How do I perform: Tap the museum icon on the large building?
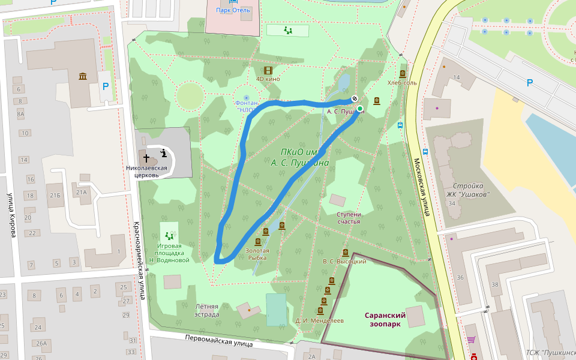click(82, 76)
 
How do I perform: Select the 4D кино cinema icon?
click(268, 71)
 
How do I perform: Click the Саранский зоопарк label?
click(385, 319)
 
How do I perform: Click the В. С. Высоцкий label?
click(344, 262)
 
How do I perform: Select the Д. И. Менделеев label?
click(319, 321)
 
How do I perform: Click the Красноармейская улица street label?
click(139, 260)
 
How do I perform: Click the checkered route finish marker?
click(355, 99)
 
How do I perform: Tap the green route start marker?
click(360, 109)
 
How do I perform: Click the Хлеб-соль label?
click(402, 83)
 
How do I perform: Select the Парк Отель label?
click(233, 10)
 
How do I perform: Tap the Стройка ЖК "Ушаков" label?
click(471, 190)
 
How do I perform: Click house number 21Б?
click(56, 196)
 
